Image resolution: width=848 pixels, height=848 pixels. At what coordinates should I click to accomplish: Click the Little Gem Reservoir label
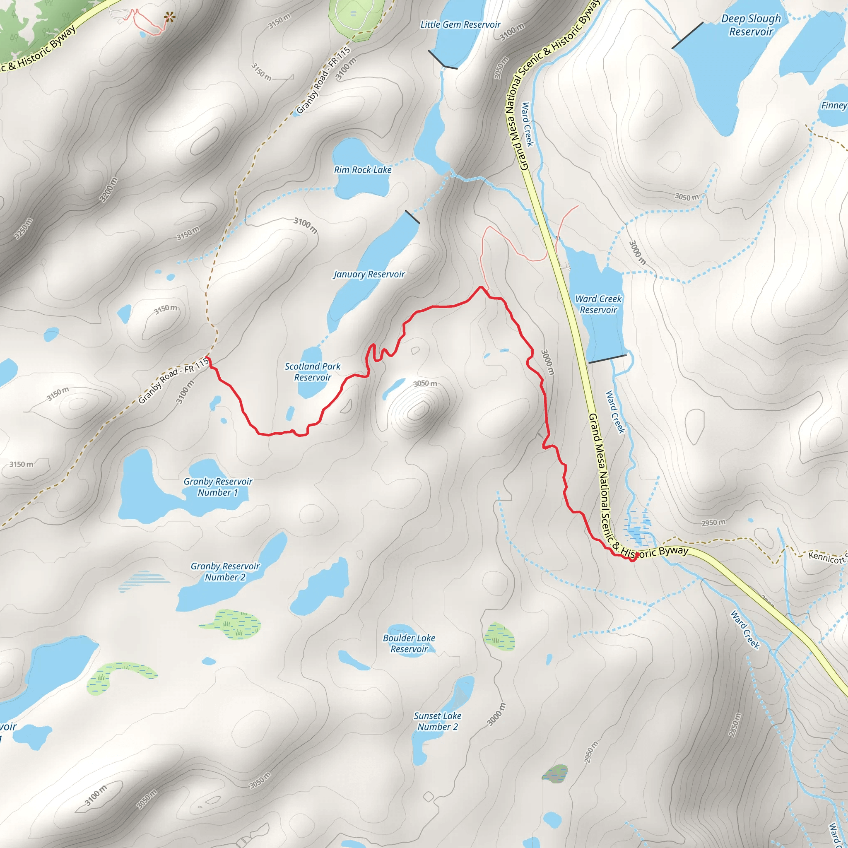tap(460, 24)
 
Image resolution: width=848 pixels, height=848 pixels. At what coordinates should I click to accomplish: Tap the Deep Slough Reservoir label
tap(751, 25)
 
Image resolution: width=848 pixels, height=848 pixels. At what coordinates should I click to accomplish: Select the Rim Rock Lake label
tap(363, 170)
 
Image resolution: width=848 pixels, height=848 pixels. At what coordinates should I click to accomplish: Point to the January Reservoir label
tap(369, 275)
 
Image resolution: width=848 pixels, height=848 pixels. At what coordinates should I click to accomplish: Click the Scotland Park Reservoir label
tap(313, 372)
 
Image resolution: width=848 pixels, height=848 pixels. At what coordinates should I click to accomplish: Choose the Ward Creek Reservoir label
tap(598, 304)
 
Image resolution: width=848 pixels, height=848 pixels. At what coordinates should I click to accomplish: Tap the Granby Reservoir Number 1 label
tap(218, 487)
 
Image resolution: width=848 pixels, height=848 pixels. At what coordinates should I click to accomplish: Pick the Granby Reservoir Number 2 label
tap(225, 571)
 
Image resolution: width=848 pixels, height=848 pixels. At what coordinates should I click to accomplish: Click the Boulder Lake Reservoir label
tap(409, 643)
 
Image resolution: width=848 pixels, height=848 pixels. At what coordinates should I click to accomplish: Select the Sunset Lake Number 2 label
tap(438, 721)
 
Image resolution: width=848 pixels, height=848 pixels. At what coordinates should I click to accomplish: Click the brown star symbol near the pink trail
tap(169, 17)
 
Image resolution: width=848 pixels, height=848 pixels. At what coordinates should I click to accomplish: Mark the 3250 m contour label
tap(23, 229)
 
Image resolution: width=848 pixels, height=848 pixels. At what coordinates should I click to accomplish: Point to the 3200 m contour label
tap(108, 190)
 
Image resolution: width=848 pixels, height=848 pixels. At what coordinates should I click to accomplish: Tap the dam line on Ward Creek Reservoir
tap(607, 359)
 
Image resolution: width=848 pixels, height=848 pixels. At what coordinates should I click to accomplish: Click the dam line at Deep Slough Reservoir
tap(687, 36)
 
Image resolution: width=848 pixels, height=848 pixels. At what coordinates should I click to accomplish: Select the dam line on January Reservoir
tap(412, 217)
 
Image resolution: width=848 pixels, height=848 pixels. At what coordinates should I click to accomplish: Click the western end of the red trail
tap(208, 359)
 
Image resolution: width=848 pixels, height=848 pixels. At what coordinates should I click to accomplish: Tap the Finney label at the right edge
tap(834, 105)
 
